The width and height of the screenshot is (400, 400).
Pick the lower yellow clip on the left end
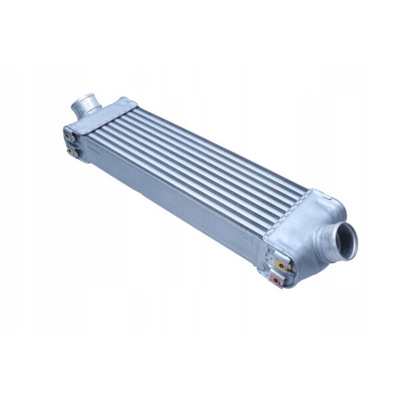coord(71,150)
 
